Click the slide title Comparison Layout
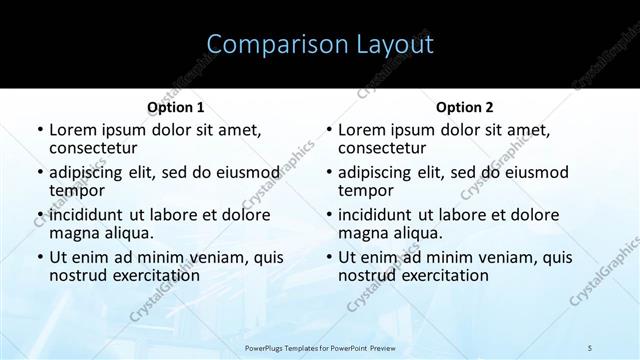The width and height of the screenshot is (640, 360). [320, 45]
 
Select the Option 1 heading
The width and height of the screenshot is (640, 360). [175, 107]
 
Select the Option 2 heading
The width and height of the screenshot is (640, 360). [464, 107]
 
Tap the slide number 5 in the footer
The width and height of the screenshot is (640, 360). [590, 345]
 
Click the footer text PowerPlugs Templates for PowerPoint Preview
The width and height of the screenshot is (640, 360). [319, 345]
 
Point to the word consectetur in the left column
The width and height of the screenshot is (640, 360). [98, 148]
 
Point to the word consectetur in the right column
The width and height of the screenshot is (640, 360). [387, 148]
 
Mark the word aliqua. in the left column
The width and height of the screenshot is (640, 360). [132, 233]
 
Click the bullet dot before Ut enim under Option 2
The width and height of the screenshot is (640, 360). [329, 257]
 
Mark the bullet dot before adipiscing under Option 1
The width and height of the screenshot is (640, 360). [40, 172]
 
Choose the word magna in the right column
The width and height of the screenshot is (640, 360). [364, 233]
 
